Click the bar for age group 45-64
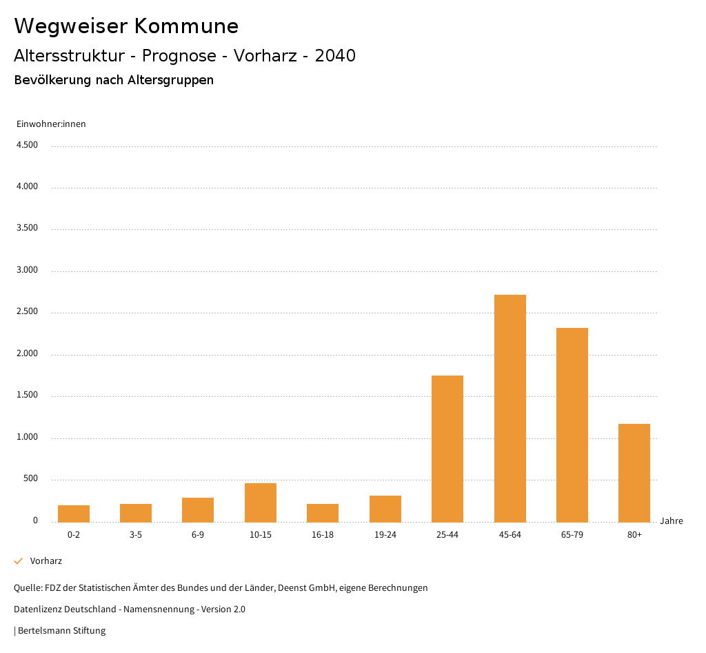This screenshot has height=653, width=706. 510,408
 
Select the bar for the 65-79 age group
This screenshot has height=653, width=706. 572,425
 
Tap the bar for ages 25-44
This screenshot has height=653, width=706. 447,449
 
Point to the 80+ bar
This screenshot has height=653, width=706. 634,473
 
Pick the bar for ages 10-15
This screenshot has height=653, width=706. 261,503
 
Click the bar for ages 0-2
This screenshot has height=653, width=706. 74,514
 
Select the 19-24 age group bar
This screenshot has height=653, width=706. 385,509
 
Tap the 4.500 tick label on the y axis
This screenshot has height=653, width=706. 27,145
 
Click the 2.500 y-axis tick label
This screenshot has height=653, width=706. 27,312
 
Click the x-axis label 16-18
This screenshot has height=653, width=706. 323,535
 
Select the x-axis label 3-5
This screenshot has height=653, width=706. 136,535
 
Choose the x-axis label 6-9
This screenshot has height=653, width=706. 198,535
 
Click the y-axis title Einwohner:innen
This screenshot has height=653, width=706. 51,124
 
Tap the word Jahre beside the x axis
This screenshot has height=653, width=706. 672,521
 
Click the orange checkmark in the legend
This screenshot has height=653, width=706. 19,561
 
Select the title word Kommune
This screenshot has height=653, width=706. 186,26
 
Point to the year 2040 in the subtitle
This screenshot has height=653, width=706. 335,56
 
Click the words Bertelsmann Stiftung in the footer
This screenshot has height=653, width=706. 61,631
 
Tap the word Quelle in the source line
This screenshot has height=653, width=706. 27,588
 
